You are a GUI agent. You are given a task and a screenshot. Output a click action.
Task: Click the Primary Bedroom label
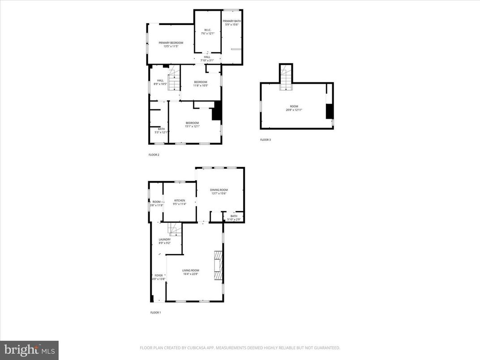click(x=171, y=43)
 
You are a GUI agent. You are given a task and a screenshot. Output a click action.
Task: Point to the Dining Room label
click(x=219, y=190)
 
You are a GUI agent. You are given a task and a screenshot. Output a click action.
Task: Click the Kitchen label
click(x=180, y=201)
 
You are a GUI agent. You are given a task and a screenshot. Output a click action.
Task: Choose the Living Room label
click(x=190, y=270)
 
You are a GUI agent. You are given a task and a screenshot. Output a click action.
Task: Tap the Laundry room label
click(x=164, y=240)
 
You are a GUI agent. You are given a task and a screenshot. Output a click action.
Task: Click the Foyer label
click(x=159, y=275)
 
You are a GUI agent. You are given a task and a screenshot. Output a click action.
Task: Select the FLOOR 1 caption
click(x=155, y=313)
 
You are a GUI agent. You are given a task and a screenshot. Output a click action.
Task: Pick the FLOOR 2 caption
click(x=154, y=155)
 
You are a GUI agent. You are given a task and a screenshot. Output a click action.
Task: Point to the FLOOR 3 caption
click(x=266, y=140)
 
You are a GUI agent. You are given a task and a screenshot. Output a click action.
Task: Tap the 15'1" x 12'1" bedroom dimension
click(x=192, y=127)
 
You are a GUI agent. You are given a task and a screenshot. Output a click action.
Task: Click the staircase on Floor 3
click(x=285, y=77)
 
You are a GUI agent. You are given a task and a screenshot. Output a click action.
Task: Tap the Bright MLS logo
click(x=29, y=349)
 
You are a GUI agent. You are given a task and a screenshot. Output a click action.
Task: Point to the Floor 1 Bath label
click(x=234, y=216)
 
